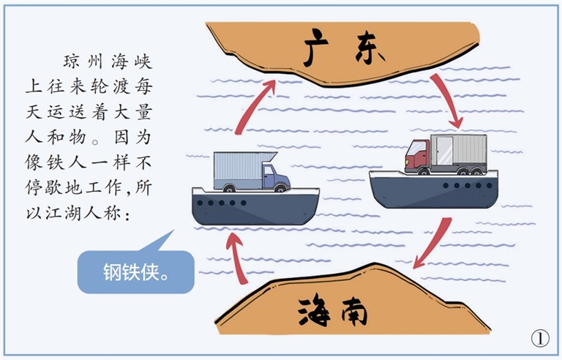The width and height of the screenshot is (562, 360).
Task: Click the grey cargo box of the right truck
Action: (x=458, y=151)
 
